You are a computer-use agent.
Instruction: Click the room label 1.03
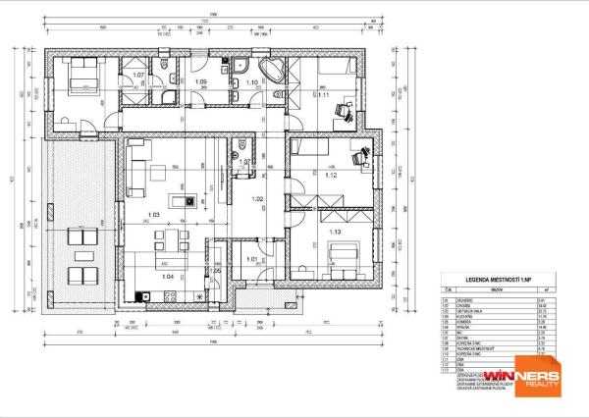click(152, 214)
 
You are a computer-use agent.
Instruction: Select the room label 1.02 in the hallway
click(258, 199)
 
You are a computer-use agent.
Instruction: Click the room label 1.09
click(200, 81)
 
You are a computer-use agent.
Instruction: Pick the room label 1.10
click(251, 82)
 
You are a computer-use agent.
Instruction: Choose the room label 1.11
click(323, 94)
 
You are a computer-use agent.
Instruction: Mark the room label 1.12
click(331, 177)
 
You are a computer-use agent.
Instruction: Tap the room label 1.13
click(336, 232)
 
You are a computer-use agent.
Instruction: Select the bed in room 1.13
click(345, 258)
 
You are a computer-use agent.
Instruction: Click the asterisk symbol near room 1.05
click(201, 295)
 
